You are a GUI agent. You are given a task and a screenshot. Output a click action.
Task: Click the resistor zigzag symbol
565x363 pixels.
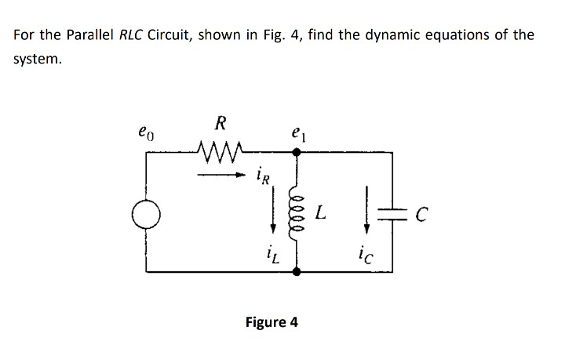(x=220, y=148)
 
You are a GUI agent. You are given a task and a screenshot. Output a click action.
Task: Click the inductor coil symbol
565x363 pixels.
(x=297, y=212)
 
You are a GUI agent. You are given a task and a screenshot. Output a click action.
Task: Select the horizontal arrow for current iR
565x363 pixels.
(x=221, y=175)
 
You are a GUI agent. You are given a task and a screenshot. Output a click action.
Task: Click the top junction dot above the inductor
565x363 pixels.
(x=297, y=154)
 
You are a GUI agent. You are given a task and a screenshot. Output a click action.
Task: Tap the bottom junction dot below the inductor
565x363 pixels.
(x=297, y=271)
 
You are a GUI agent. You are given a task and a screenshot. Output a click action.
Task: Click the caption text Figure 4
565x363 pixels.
(x=272, y=322)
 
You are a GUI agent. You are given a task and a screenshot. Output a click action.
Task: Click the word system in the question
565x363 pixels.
(x=37, y=59)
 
